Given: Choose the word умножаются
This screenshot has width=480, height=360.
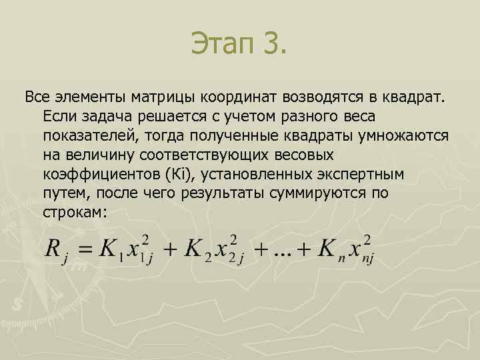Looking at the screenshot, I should (x=403, y=136).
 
